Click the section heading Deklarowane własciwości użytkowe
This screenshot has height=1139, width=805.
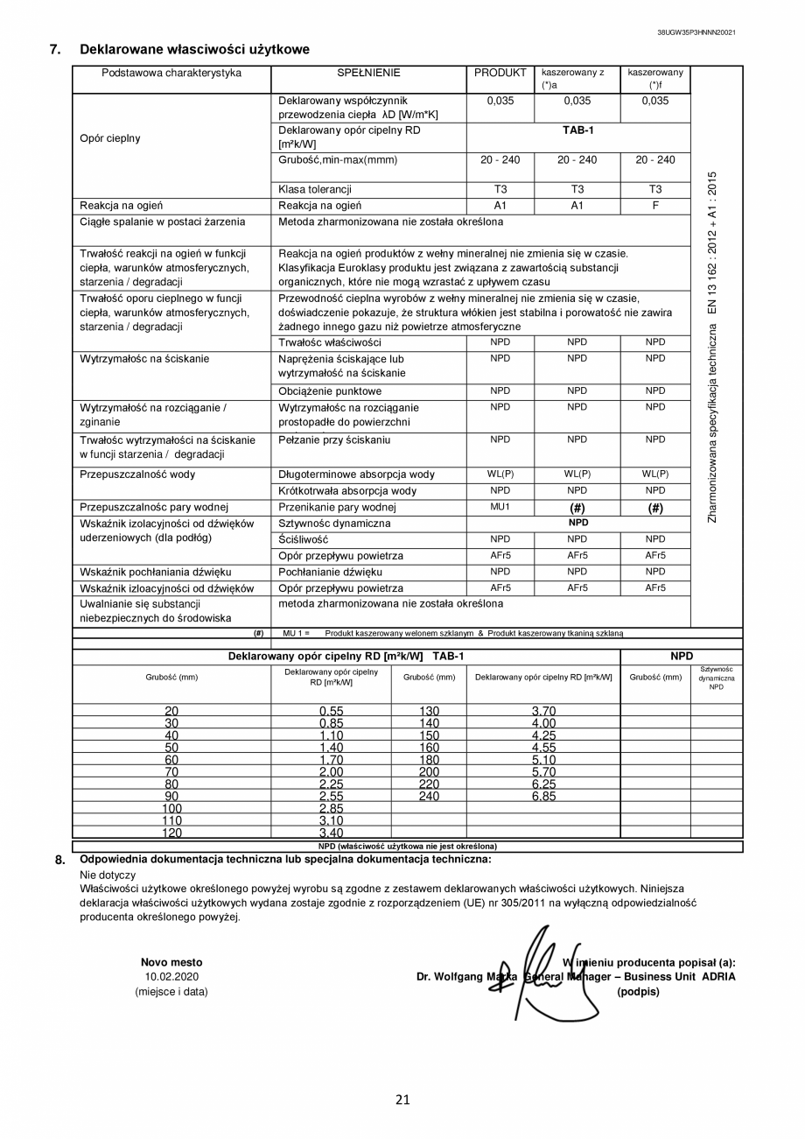(194, 50)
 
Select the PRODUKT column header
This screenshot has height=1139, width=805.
(500, 74)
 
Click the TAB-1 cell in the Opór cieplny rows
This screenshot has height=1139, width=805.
(577, 130)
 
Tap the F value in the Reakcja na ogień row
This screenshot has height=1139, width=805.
(654, 205)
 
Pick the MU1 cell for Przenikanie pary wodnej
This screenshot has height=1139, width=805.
(500, 507)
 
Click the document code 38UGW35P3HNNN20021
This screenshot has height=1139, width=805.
(696, 32)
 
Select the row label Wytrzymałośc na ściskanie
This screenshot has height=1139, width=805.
(144, 359)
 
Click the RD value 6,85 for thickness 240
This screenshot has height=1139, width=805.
(542, 797)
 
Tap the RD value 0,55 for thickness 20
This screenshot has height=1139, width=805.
(331, 711)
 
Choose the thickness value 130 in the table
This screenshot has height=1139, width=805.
(429, 711)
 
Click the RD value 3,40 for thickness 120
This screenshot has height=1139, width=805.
(331, 833)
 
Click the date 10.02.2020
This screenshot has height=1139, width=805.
(171, 976)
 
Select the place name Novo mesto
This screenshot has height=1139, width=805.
(171, 961)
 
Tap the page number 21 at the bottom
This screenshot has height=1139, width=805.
(402, 1100)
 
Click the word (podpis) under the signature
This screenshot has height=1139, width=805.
(638, 991)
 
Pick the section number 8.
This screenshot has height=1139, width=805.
(59, 860)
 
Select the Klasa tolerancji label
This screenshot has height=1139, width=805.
(315, 189)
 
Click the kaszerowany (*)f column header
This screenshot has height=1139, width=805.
(654, 79)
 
